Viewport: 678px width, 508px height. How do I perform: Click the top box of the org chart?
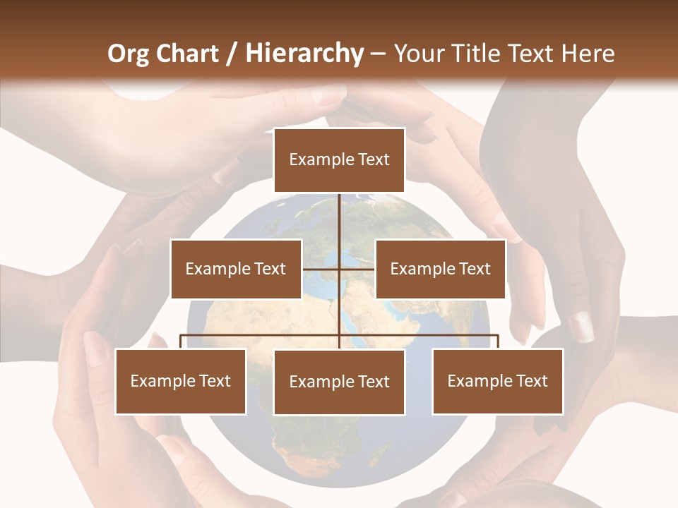coord(339,159)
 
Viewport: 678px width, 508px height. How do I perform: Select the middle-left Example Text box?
coord(236,269)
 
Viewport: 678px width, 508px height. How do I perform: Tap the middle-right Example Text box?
coord(440,269)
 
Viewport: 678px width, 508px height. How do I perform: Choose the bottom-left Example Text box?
coord(181,381)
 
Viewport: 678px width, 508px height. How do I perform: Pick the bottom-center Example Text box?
coord(339,382)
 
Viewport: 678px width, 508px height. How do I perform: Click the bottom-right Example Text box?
coord(497,381)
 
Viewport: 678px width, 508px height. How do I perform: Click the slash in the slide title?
coord(232,54)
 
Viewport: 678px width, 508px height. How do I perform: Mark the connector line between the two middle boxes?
coord(339,269)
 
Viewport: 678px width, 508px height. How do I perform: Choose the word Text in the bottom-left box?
coord(215,381)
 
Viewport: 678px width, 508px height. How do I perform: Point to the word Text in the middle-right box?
coord(475,269)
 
